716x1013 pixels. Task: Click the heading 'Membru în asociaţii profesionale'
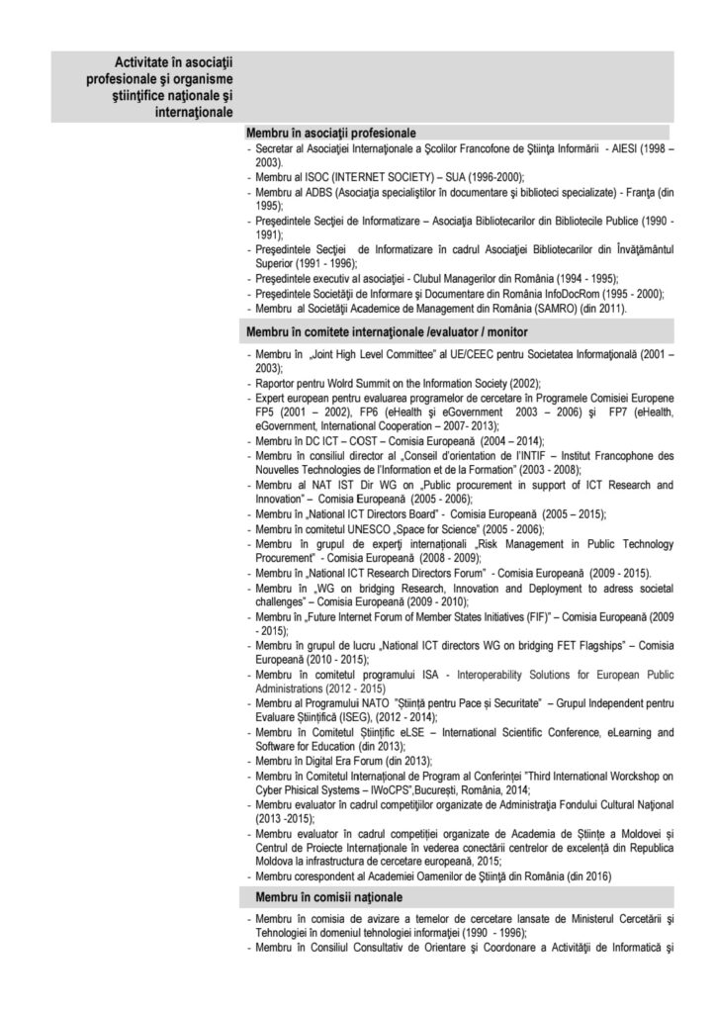click(330, 133)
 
